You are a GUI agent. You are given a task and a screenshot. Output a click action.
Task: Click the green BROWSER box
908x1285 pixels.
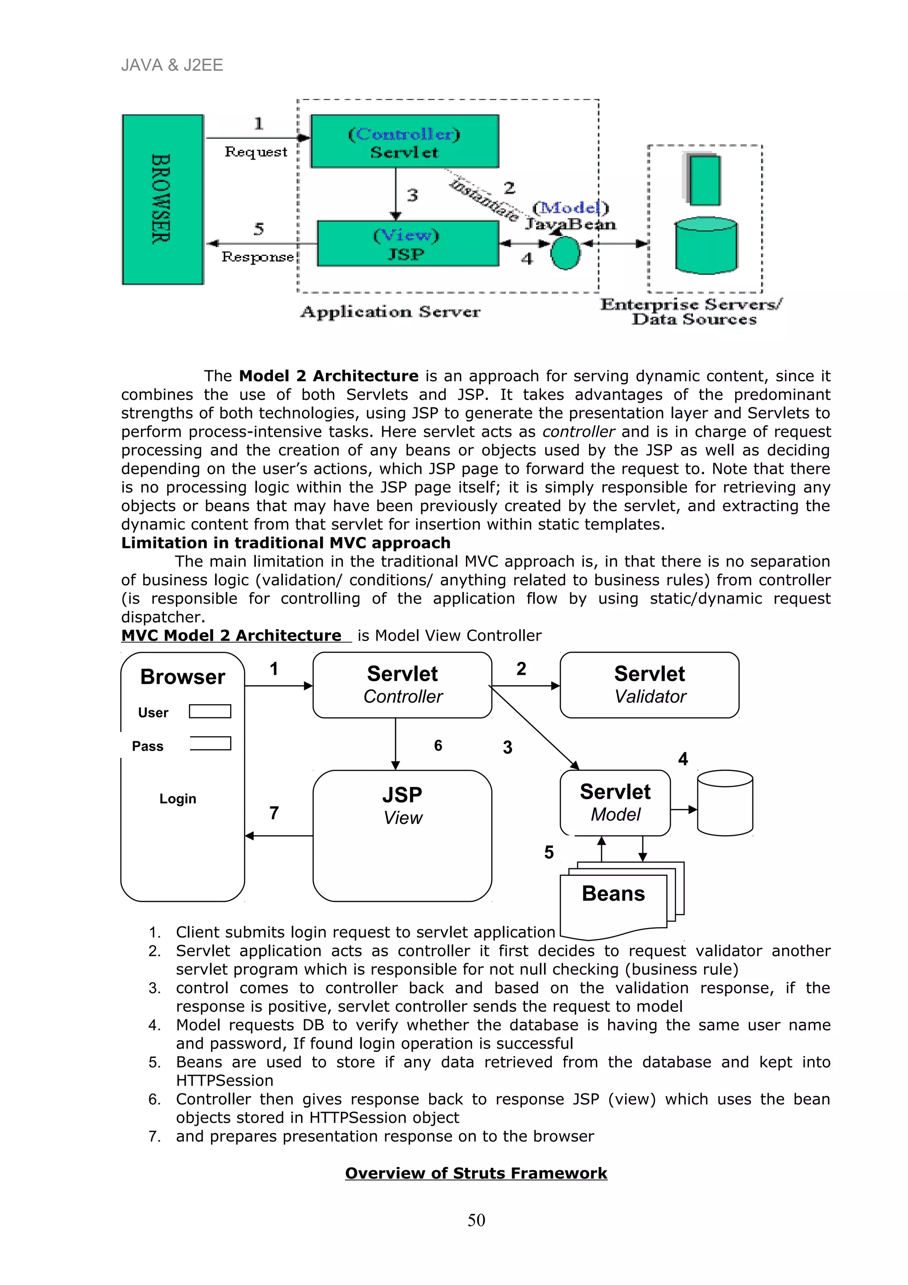pos(162,199)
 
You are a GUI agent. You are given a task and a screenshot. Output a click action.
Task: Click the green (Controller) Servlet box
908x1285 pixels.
pos(404,141)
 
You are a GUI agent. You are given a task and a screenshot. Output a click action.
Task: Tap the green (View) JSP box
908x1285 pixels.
pos(407,243)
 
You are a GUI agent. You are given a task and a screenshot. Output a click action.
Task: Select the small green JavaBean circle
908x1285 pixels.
pos(565,253)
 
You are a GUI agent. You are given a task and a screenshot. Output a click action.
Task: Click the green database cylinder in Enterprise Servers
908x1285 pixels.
pos(706,246)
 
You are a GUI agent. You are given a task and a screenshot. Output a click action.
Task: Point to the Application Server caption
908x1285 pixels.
pos(390,312)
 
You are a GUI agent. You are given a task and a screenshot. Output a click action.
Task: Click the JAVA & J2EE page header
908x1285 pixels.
pos(172,66)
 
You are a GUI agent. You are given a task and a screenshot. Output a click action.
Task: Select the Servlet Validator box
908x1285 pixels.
pos(649,685)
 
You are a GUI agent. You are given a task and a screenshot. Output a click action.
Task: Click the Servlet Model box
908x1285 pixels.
pos(615,803)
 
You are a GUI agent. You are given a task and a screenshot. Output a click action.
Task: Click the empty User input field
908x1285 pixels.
pos(210,711)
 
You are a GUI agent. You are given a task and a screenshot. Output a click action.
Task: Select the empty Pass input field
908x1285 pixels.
pos(210,743)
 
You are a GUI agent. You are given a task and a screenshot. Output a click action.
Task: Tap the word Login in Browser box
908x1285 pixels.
pos(177,799)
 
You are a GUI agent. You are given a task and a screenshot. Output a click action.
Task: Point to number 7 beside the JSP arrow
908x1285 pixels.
pos(274,813)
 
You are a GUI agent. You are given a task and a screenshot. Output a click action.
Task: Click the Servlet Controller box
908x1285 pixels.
pos(402,685)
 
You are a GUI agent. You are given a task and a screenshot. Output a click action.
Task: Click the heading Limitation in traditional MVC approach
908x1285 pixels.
pos(286,543)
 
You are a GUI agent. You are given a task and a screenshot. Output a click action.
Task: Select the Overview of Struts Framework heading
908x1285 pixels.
pos(476,1173)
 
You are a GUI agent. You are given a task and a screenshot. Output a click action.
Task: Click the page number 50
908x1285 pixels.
pos(476,1220)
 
